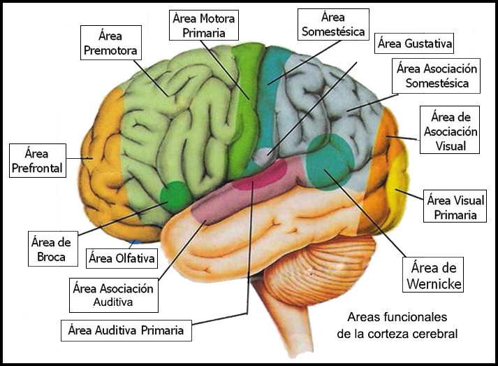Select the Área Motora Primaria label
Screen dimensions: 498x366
pyautogui.click(x=203, y=26)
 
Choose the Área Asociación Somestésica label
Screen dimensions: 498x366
pyautogui.click(x=437, y=76)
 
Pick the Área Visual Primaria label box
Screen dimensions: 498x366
pyautogui.click(x=455, y=208)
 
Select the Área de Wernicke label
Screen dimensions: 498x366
pyautogui.click(x=433, y=276)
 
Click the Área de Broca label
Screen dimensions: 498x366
pyautogui.click(x=52, y=249)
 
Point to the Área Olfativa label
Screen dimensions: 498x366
pyautogui.click(x=122, y=258)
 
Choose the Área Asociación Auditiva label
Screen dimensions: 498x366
pyautogui.click(x=112, y=295)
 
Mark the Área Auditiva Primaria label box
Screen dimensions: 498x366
pyautogui.click(x=126, y=330)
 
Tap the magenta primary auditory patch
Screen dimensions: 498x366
pyautogui.click(x=272, y=172)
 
